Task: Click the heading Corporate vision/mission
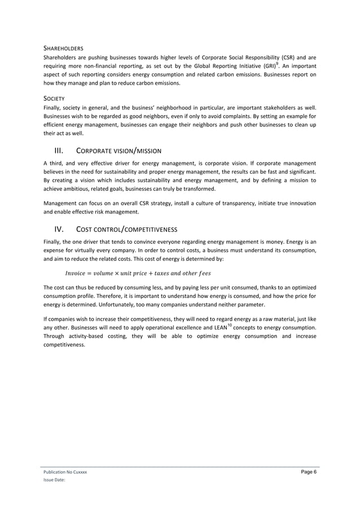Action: pos(118,151)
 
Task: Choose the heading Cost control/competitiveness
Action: pos(126,229)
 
